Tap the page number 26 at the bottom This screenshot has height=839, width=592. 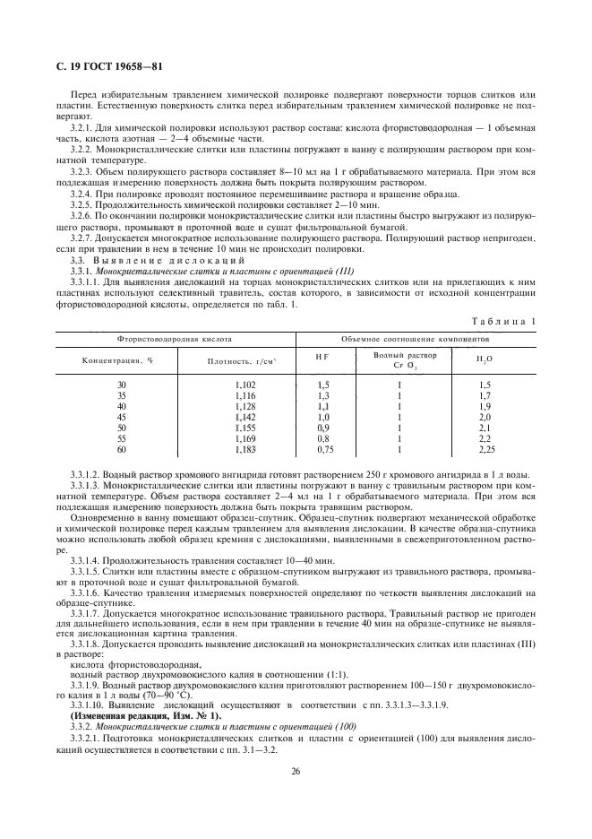point(295,770)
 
